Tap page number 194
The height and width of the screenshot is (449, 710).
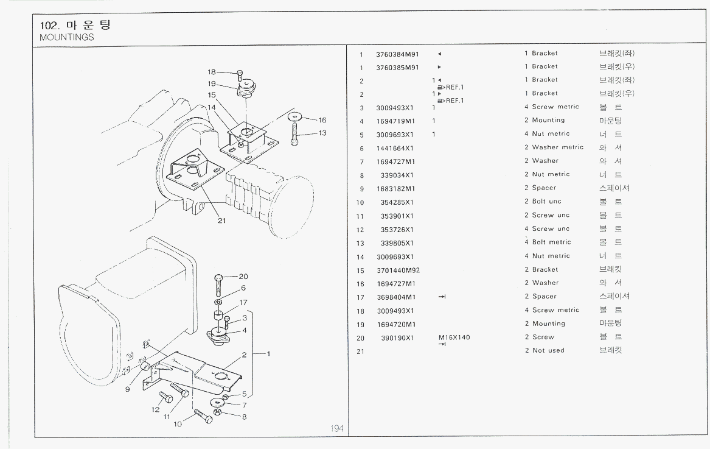[x=337, y=429]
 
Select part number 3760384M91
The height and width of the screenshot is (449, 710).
[x=397, y=54]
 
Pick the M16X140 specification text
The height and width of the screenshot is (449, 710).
[x=454, y=337]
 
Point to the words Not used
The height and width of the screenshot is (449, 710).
[x=548, y=350]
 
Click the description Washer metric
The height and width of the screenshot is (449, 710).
[x=557, y=147]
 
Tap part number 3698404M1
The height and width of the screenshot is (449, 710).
[x=395, y=297]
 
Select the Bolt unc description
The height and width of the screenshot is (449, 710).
[x=546, y=202]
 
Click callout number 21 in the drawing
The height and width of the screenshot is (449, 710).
[x=221, y=221]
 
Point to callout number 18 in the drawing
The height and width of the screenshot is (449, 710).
[x=212, y=72]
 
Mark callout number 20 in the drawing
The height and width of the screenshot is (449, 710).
[x=244, y=276]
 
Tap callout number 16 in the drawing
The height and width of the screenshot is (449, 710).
[x=322, y=120]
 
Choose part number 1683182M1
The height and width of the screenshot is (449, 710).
[x=395, y=188]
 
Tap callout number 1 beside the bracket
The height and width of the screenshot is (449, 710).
[x=268, y=353]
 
